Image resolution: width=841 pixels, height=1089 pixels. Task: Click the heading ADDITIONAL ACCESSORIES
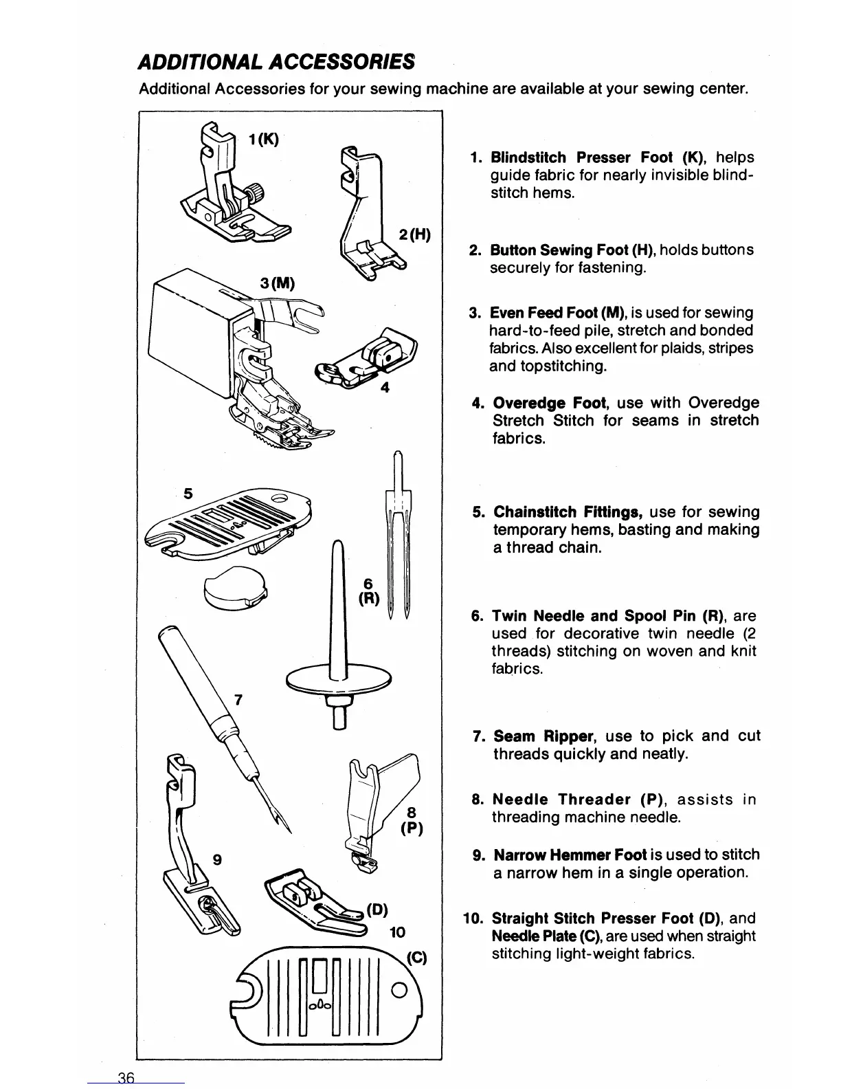click(x=276, y=62)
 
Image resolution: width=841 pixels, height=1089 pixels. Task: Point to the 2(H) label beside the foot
click(x=414, y=236)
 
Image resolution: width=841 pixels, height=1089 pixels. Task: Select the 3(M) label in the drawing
click(x=278, y=283)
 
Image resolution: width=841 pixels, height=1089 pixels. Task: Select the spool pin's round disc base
click(x=339, y=681)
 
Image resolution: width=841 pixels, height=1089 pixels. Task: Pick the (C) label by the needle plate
click(x=416, y=958)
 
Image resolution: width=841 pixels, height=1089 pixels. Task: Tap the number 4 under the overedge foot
click(x=385, y=387)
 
